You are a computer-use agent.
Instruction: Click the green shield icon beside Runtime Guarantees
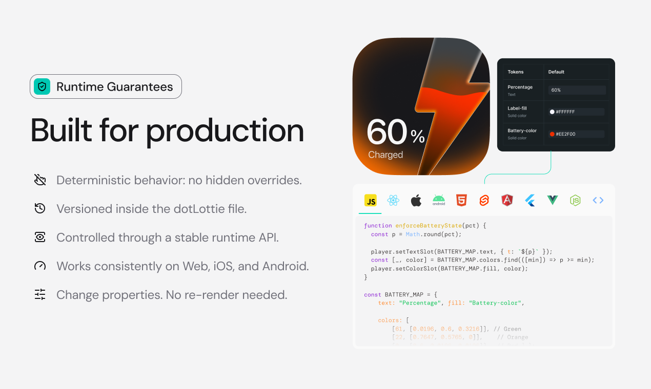(43, 87)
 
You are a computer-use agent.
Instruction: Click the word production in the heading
(225, 131)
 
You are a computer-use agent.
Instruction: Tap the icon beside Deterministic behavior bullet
(40, 180)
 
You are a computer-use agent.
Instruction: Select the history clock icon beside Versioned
(40, 209)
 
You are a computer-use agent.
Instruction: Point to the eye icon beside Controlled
(40, 237)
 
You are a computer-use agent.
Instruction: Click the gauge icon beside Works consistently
(40, 266)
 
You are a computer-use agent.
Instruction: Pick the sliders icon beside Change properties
(40, 295)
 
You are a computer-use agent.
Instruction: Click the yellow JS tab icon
(371, 201)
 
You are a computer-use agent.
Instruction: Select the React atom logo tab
(393, 201)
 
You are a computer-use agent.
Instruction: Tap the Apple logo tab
(416, 201)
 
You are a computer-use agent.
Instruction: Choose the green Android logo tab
(439, 200)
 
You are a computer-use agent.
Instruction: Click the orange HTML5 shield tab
(461, 201)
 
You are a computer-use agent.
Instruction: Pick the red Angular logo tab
(507, 201)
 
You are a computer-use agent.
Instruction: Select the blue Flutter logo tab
(530, 201)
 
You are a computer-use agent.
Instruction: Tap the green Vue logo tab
(553, 201)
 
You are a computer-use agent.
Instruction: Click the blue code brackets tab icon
(598, 201)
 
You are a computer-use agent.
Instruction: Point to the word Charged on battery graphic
(385, 155)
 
